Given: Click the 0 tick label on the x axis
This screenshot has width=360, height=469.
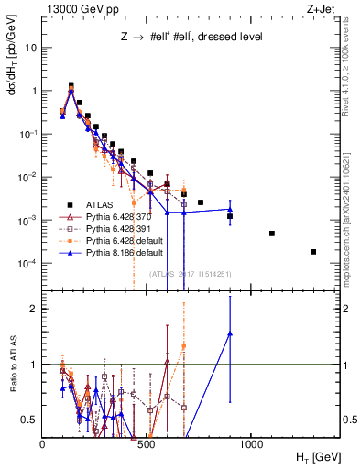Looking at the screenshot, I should (43, 443).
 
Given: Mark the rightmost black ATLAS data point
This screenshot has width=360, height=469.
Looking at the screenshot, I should (313, 252).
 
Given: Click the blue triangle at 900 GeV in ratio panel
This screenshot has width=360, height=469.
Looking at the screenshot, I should (230, 334).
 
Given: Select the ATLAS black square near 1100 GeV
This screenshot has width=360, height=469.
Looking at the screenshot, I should (272, 234).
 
